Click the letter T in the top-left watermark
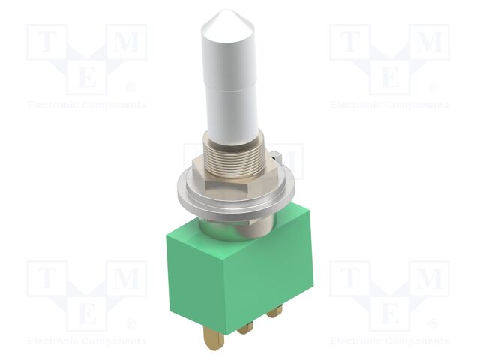(47, 43)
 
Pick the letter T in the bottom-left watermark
(47, 280)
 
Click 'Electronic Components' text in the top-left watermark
(86, 105)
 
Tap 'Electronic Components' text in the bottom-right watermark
(389, 341)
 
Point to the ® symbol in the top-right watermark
(434, 88)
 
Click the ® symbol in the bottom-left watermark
(131, 324)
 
